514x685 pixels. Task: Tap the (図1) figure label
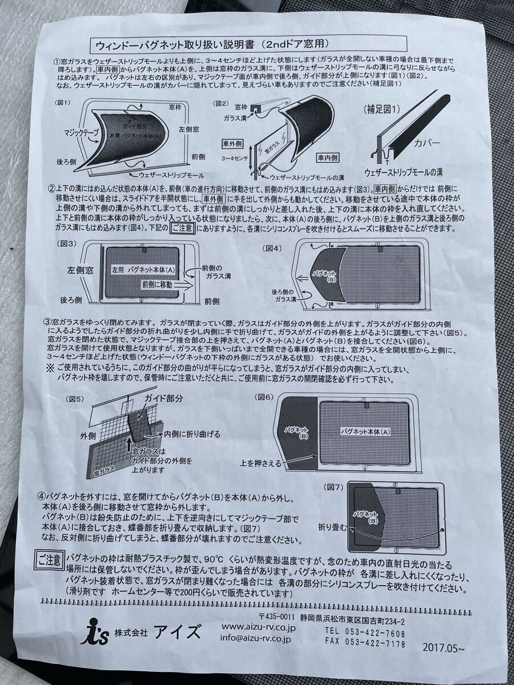(x=64, y=102)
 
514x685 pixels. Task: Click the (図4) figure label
(x=274, y=248)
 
